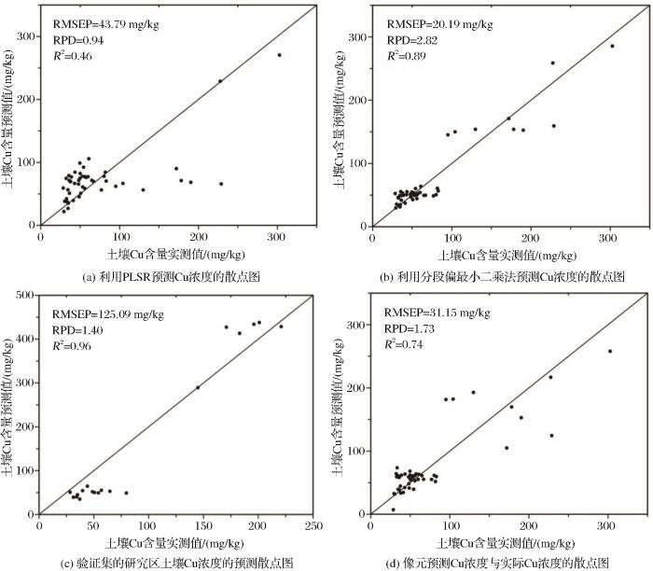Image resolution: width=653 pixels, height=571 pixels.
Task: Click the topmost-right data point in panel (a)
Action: pos(279,55)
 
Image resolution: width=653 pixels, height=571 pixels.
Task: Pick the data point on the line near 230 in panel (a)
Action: pos(220,81)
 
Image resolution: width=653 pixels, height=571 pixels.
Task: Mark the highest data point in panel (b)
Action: pos(612,46)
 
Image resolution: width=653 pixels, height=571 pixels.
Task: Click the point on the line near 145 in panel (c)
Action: pos(198,387)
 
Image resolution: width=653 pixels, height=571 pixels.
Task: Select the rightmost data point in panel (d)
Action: pos(610,351)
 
